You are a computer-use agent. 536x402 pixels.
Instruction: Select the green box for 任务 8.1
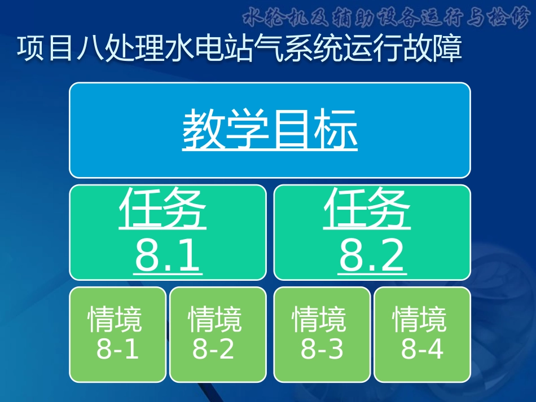tap(168, 232)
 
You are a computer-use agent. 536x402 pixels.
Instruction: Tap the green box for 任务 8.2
tap(372, 232)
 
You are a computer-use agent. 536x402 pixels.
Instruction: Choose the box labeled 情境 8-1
tap(117, 334)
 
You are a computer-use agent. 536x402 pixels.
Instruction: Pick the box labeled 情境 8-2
tap(217, 334)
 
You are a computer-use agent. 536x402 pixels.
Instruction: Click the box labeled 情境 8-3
tap(322, 334)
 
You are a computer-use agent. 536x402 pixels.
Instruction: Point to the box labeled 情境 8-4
tap(422, 334)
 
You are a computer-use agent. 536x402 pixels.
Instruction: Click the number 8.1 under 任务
tap(168, 256)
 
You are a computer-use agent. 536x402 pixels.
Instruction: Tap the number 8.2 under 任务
tap(372, 256)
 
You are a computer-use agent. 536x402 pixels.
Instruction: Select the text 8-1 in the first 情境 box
tap(117, 350)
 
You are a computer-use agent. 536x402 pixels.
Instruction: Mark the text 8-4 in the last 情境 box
tap(422, 350)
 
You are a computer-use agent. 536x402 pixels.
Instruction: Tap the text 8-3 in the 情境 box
tap(322, 350)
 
